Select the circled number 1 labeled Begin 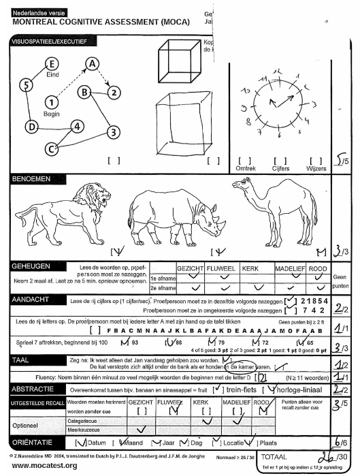[x=51, y=102]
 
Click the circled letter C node [x=51, y=148]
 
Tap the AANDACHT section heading [x=32, y=299]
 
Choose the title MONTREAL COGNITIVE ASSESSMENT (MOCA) [x=95, y=21]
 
